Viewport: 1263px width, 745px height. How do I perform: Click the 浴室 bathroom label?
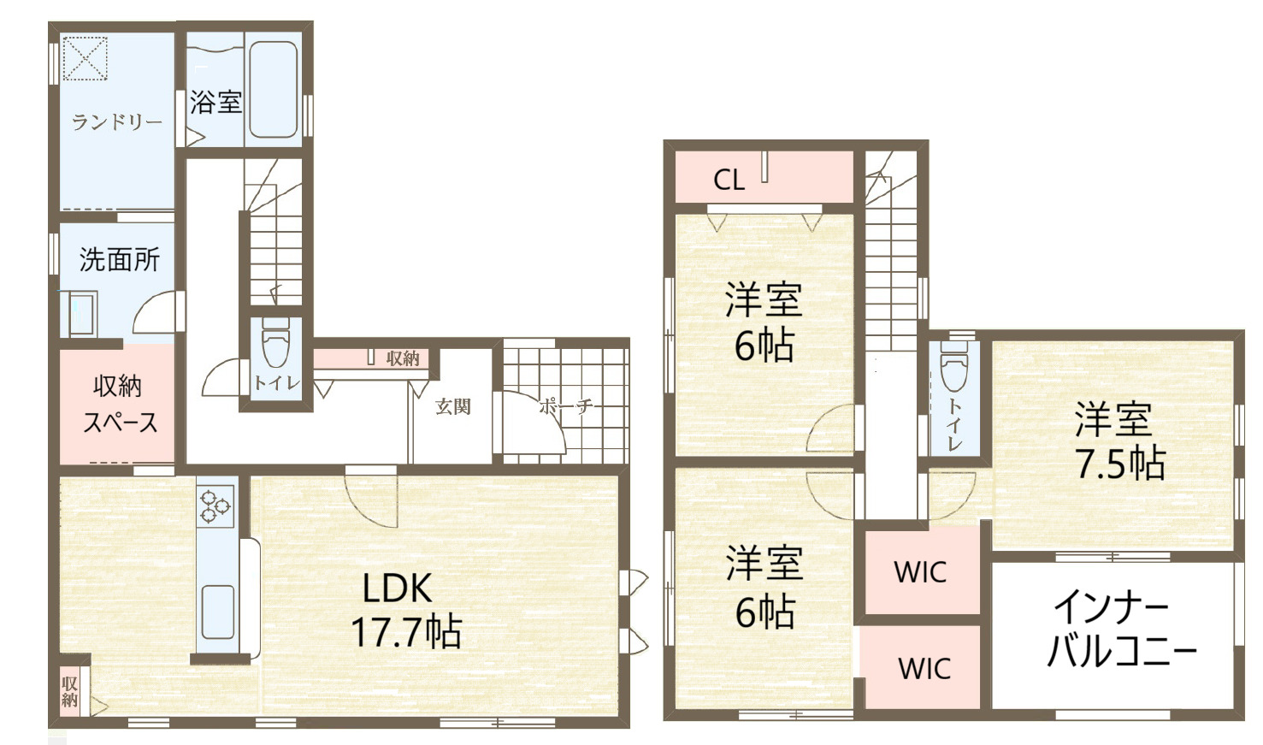[216, 102]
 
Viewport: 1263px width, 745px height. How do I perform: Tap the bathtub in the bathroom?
[273, 89]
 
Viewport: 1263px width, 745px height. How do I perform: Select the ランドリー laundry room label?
[117, 121]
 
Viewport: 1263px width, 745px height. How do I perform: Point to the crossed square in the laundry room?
[85, 58]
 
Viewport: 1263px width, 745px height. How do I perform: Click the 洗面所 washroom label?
[119, 259]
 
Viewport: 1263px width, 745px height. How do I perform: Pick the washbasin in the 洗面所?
[82, 314]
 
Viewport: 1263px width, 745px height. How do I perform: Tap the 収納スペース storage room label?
[119, 404]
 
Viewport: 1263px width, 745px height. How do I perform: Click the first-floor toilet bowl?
[275, 344]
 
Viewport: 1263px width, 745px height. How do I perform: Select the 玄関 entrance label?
[452, 406]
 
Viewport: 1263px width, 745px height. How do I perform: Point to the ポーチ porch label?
[566, 406]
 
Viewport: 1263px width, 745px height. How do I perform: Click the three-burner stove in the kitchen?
[215, 506]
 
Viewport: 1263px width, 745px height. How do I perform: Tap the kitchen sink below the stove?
[218, 612]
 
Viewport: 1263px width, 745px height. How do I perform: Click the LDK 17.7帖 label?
[404, 610]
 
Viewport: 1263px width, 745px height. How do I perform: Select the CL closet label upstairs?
[729, 180]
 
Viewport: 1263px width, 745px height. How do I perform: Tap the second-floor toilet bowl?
[954, 367]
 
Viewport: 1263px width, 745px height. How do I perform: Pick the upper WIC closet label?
[920, 572]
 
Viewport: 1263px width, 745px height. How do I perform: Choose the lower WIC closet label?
[924, 669]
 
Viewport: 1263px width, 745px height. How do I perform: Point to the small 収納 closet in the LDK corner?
[69, 691]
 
